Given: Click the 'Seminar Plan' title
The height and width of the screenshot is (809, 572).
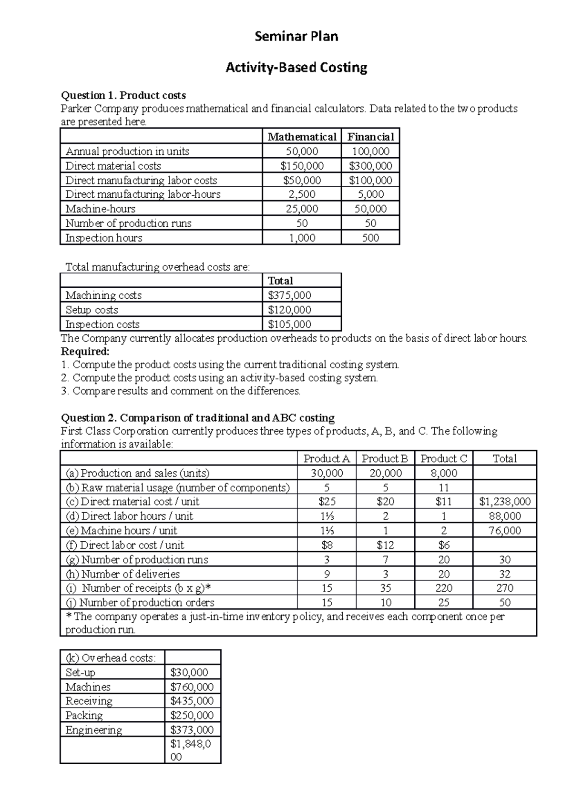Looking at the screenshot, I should click(296, 36).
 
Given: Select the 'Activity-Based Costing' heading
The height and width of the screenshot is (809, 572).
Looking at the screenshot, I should click(296, 68).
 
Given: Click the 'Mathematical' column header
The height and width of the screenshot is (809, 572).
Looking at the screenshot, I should click(302, 137).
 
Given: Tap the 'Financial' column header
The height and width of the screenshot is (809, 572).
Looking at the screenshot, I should click(370, 137).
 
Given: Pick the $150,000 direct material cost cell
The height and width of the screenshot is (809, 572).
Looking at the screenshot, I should click(302, 166).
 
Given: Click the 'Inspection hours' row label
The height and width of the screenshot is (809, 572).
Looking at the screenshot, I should click(104, 238).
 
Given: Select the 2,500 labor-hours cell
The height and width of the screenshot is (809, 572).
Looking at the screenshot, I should click(302, 194).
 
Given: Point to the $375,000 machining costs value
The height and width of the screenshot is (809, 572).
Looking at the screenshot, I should click(289, 295).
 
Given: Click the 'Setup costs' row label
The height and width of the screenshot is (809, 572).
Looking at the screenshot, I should click(92, 310).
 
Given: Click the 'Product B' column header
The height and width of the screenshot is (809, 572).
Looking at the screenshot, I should click(385, 458).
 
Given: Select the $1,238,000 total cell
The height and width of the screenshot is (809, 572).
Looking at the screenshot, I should click(504, 502).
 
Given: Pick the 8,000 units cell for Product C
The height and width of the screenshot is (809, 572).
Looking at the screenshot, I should click(443, 473).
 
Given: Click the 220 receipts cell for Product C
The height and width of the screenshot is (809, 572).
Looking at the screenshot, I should click(443, 588).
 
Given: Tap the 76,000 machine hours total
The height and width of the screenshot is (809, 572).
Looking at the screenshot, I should click(504, 530).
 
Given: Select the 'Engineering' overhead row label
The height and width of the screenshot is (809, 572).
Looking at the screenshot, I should click(94, 730).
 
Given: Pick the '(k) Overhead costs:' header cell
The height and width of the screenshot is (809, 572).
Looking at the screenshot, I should click(111, 658).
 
